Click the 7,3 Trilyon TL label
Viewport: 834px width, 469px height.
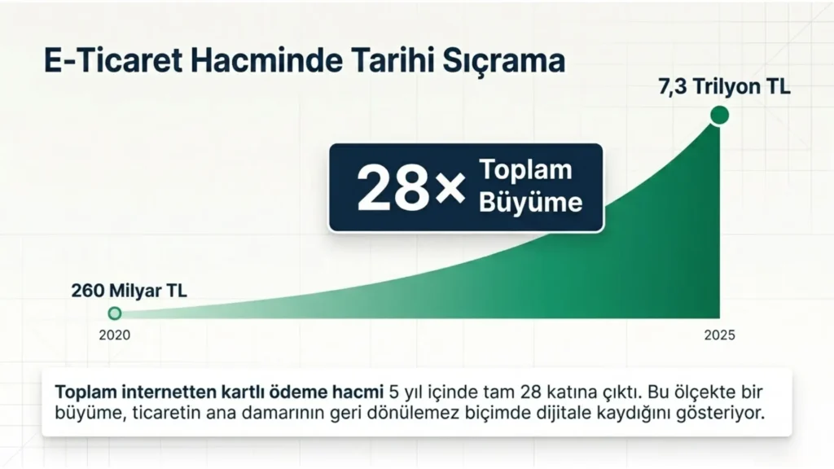pyautogui.click(x=724, y=86)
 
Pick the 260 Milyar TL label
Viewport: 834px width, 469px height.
pyautogui.click(x=129, y=291)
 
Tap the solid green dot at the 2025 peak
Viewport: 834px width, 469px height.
pyautogui.click(x=720, y=115)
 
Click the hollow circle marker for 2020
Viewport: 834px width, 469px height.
pyautogui.click(x=114, y=313)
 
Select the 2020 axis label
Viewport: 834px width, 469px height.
pyautogui.click(x=114, y=335)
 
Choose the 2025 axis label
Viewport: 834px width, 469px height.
pyautogui.click(x=720, y=335)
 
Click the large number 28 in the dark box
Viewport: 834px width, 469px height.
pyautogui.click(x=393, y=187)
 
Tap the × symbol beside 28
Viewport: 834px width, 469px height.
pyautogui.click(x=450, y=190)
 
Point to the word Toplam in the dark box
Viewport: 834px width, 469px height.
pyautogui.click(x=526, y=169)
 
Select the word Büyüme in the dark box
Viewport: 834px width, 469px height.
pyautogui.click(x=531, y=202)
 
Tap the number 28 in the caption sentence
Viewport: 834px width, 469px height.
pyautogui.click(x=530, y=392)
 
